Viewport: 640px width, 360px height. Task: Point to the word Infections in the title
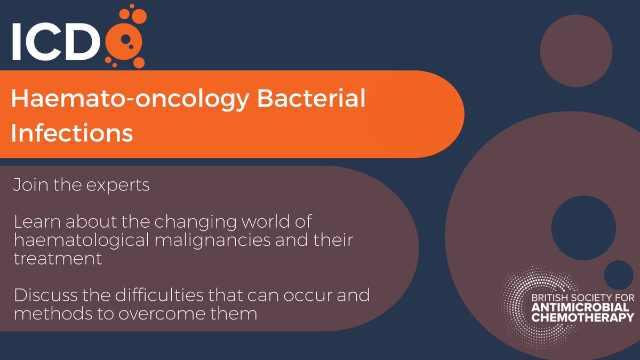coord(71,132)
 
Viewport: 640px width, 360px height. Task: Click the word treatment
coord(58,259)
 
